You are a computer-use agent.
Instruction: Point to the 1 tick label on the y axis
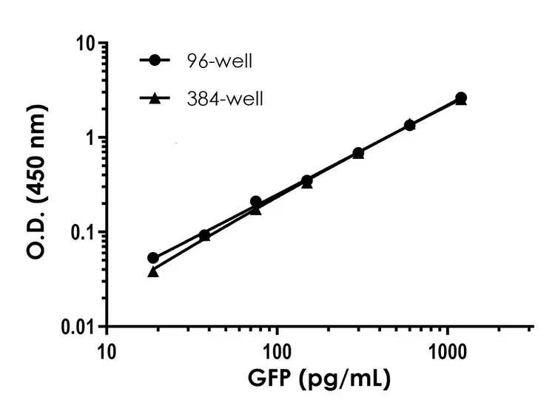pyautogui.click(x=91, y=138)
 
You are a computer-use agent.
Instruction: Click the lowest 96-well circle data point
pyautogui.click(x=153, y=258)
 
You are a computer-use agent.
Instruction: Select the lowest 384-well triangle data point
pyautogui.click(x=153, y=272)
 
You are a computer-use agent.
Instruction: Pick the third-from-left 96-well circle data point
pyautogui.click(x=256, y=201)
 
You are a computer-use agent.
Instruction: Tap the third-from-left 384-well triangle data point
pyautogui.click(x=256, y=209)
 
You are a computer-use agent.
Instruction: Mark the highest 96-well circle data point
pyautogui.click(x=461, y=98)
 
